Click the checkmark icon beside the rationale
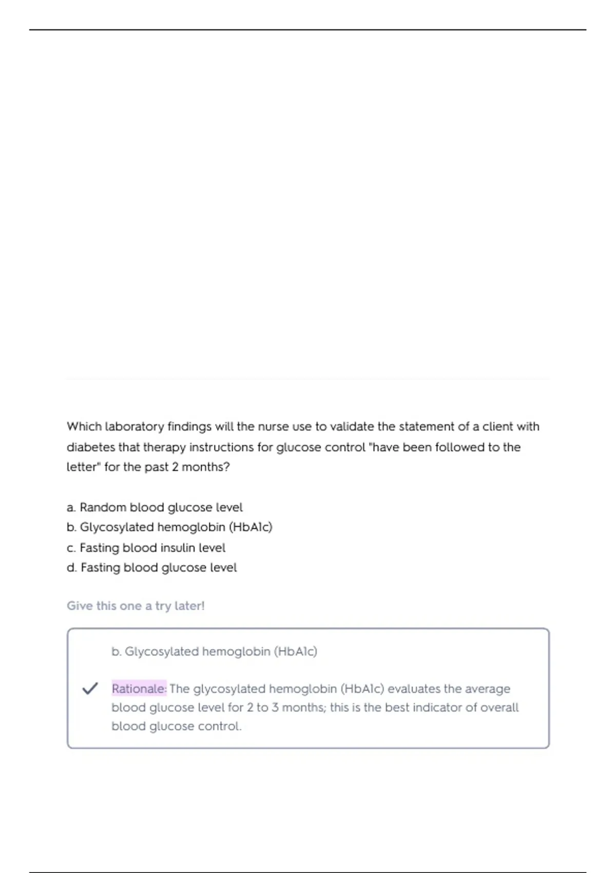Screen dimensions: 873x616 pyautogui.click(x=90, y=688)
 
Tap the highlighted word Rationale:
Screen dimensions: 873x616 pyautogui.click(x=139, y=689)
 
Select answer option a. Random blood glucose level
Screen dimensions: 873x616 pyautogui.click(x=155, y=507)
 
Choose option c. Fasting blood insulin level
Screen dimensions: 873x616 pyautogui.click(x=146, y=548)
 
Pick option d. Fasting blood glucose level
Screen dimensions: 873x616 pyautogui.click(x=151, y=568)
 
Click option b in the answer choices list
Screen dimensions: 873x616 pyautogui.click(x=169, y=527)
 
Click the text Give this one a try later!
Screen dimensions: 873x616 pyautogui.click(x=136, y=606)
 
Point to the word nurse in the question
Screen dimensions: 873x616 pyautogui.click(x=273, y=427)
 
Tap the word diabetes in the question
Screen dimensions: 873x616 pyautogui.click(x=91, y=447)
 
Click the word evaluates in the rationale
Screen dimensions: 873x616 pyautogui.click(x=414, y=689)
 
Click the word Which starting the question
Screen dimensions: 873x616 pyautogui.click(x=84, y=427)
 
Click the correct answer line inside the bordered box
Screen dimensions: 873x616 pyautogui.click(x=214, y=652)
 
